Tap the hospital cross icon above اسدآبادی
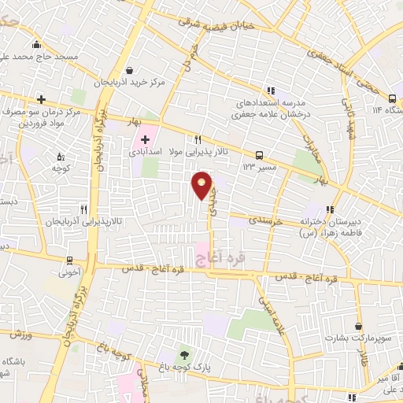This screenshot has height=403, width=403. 146,140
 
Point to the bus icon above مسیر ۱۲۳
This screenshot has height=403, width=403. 259,154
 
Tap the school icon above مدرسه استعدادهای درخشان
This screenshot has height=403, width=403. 272,91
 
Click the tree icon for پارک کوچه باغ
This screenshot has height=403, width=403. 184,355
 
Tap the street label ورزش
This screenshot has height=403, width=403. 21,334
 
